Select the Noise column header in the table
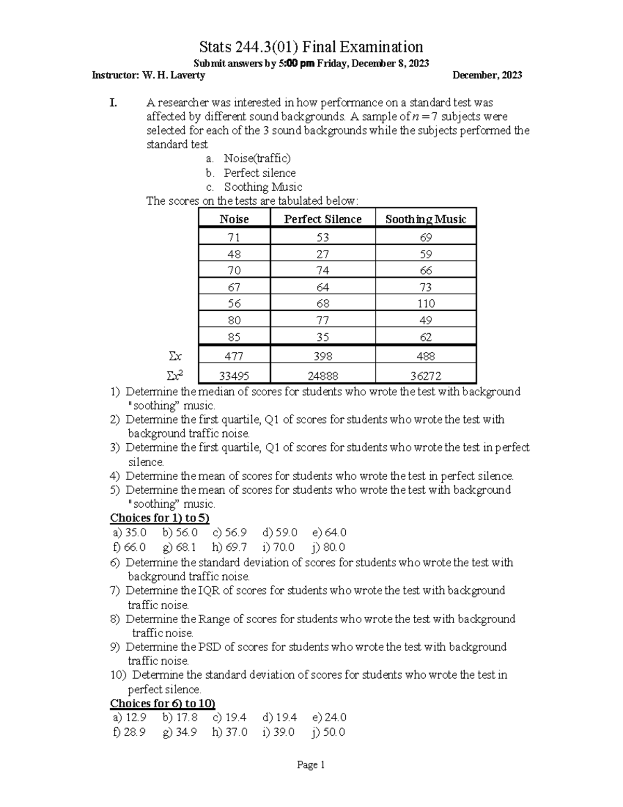pos(234,219)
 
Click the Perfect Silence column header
pos(322,219)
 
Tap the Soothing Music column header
pos(426,219)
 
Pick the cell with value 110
pos(426,303)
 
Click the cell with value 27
pos(322,254)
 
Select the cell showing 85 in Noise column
pos(234,337)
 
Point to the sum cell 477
pos(234,356)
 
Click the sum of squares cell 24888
pos(322,376)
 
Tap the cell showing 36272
pos(426,376)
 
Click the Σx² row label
pos(175,375)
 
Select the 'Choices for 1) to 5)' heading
pos(159,518)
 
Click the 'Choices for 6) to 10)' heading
pos(162,704)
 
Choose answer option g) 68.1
pos(179,547)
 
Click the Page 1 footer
pos(310,765)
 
